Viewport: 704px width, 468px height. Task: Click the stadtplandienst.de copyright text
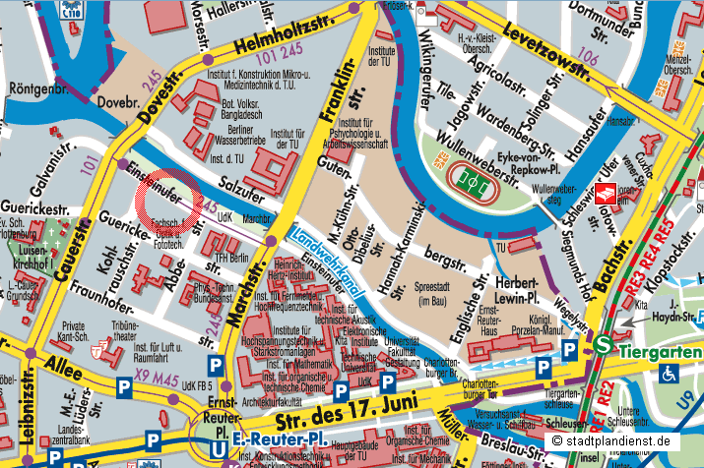coord(624,441)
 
